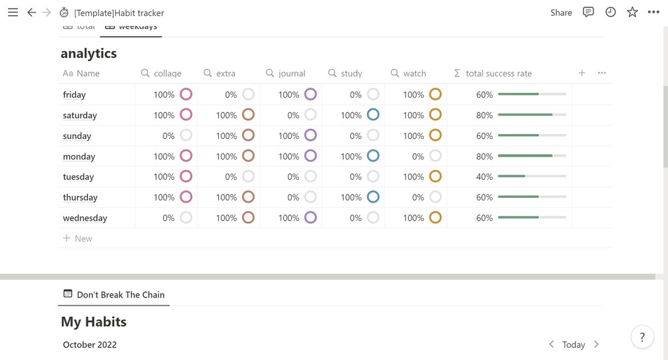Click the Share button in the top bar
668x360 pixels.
point(561,13)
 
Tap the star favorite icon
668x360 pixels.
point(632,13)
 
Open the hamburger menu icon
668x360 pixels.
point(13,13)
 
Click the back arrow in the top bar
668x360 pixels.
point(31,13)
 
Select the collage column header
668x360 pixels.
point(167,73)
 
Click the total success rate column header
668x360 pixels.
point(499,73)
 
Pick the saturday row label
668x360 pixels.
point(80,116)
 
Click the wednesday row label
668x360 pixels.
point(85,218)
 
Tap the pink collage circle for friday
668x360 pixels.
point(186,94)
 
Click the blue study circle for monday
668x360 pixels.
point(373,156)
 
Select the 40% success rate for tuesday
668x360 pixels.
point(484,177)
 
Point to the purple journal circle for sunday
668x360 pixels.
point(310,135)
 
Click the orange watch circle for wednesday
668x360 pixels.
point(435,218)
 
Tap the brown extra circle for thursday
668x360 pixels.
point(248,197)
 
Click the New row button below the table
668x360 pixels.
point(78,238)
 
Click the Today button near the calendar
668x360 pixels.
point(573,344)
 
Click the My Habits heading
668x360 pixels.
point(94,321)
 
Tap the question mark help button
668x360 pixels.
point(641,337)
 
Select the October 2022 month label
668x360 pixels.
point(90,345)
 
